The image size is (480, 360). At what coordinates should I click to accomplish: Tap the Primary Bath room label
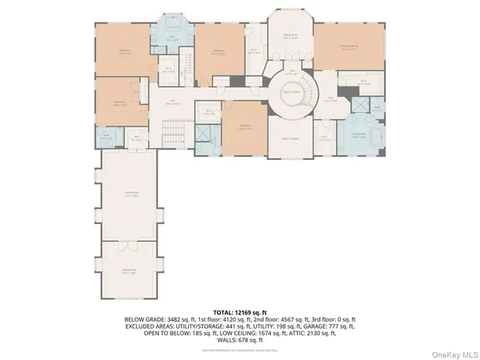click(x=358, y=135)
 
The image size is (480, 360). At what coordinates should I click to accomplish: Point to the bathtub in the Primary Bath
click(x=358, y=144)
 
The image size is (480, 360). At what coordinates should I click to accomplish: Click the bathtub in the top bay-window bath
click(x=173, y=25)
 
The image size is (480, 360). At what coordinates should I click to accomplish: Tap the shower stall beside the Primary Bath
click(x=377, y=107)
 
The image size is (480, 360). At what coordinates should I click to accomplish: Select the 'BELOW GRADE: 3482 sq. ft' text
click(x=156, y=318)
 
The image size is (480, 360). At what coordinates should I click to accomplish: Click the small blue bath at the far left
click(x=107, y=137)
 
